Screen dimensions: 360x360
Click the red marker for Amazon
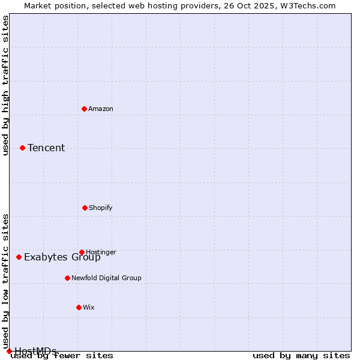(84, 109)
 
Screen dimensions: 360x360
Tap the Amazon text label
(101, 109)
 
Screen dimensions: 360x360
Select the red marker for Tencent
(22, 148)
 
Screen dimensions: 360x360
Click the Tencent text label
(46, 148)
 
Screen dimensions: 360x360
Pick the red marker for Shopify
(85, 208)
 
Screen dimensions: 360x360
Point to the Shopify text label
(101, 208)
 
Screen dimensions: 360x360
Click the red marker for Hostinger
(82, 252)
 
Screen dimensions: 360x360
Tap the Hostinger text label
(101, 252)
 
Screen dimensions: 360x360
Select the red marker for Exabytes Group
(19, 257)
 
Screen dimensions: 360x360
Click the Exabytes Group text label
(62, 257)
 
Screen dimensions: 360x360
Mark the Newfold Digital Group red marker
(67, 278)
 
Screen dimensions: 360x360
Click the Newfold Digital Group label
(106, 278)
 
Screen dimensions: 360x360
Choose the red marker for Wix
(79, 307)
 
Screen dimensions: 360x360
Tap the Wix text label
(89, 307)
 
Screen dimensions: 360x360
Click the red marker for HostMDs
(9, 351)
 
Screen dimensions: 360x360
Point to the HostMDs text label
(35, 351)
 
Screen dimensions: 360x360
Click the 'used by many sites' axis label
(301, 356)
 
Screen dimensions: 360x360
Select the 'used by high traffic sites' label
(5, 85)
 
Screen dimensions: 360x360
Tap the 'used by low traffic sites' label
(5, 281)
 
